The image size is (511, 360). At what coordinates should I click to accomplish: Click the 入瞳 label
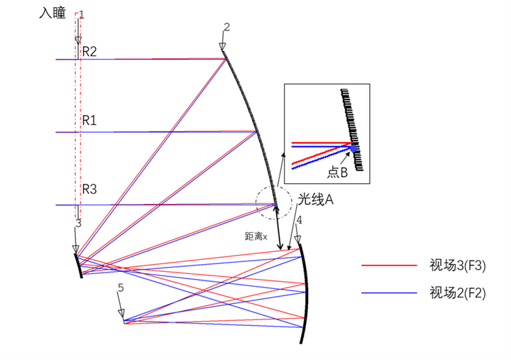(53, 13)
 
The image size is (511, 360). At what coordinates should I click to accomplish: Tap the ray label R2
(89, 52)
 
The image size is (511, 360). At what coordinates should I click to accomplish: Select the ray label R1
(89, 120)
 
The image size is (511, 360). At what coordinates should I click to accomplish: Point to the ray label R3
(89, 189)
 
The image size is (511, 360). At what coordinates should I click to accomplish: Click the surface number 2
(227, 27)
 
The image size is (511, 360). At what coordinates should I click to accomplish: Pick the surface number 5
(121, 288)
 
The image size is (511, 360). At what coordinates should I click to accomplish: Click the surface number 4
(299, 220)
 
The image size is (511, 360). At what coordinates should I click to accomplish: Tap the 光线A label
(315, 200)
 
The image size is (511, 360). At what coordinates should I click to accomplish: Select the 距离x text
(255, 236)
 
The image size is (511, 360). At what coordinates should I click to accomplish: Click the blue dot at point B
(353, 148)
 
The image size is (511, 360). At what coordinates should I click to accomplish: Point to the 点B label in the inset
(337, 172)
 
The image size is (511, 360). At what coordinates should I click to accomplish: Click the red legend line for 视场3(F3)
(389, 266)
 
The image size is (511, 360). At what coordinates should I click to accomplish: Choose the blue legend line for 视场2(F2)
(389, 293)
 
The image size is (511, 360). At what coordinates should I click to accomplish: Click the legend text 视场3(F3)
(458, 266)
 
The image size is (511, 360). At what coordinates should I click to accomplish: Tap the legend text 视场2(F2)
(458, 293)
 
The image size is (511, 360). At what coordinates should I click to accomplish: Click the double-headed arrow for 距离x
(278, 227)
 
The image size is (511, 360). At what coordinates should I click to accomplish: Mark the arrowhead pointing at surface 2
(223, 47)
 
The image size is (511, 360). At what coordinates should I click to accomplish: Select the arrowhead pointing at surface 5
(121, 312)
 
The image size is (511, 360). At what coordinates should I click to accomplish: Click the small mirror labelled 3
(79, 266)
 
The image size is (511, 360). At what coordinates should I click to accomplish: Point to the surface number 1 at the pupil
(82, 15)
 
